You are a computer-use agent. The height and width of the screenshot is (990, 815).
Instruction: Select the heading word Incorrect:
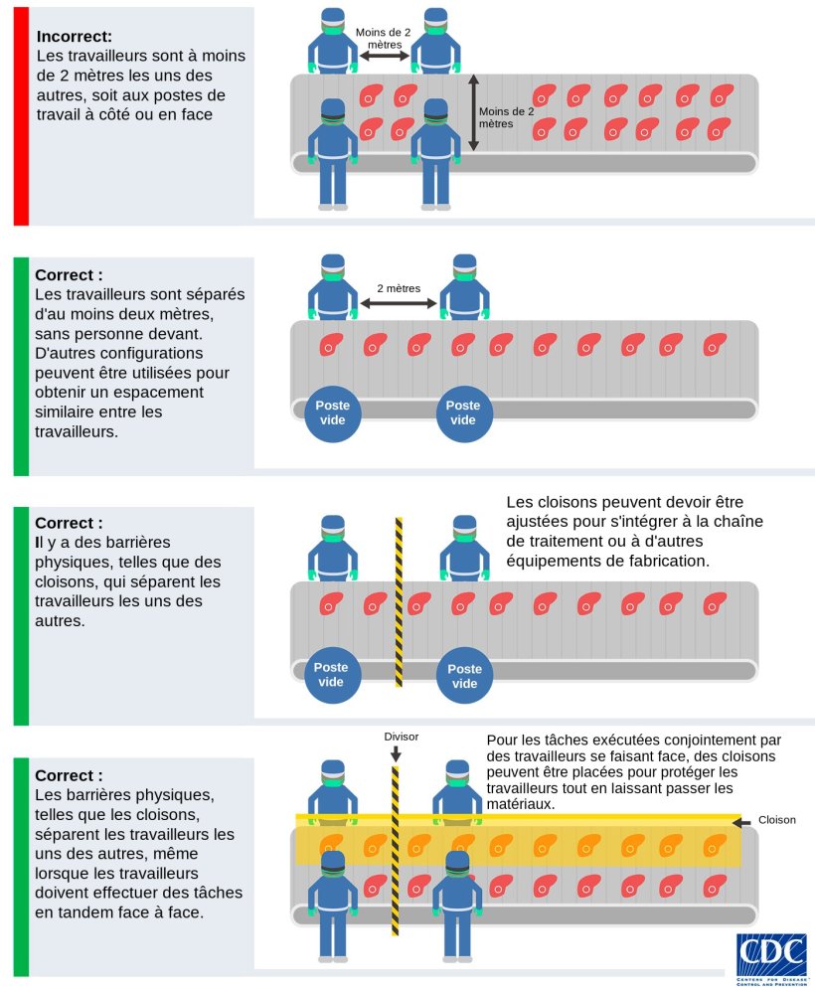click(75, 37)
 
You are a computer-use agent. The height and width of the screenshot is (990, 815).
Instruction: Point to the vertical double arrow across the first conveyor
click(473, 112)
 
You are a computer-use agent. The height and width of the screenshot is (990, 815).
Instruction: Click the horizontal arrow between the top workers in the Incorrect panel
click(384, 58)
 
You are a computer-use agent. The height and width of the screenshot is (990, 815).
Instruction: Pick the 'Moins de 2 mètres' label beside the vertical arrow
click(506, 117)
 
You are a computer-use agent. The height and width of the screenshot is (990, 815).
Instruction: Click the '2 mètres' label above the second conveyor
click(398, 289)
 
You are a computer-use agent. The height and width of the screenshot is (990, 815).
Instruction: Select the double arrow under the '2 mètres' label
click(398, 304)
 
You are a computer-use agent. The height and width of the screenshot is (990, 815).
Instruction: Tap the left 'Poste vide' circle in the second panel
click(331, 412)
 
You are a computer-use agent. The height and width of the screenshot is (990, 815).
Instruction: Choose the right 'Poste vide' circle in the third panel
click(464, 676)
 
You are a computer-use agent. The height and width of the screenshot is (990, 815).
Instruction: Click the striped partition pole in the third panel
click(399, 601)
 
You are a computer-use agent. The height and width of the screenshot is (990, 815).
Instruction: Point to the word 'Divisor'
click(402, 737)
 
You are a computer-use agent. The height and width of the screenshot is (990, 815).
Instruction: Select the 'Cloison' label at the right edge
click(777, 820)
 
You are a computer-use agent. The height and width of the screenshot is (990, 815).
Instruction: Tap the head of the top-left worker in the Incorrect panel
click(333, 23)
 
